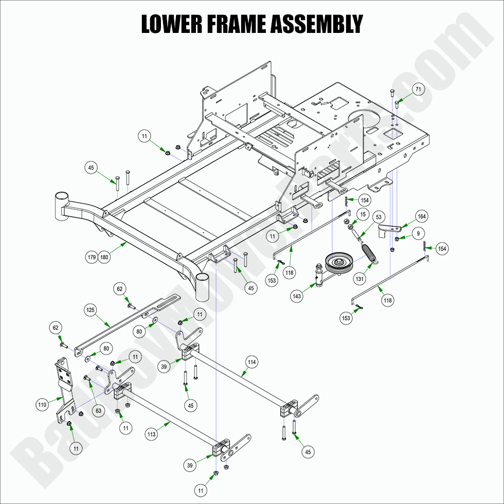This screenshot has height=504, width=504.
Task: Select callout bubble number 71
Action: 418,89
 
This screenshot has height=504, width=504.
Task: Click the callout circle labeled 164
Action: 421,217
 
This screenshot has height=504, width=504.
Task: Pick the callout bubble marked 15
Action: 363,214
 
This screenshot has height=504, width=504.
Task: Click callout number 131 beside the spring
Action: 360,279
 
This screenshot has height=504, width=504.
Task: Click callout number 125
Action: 91,310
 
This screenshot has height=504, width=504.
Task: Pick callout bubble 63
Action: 98,410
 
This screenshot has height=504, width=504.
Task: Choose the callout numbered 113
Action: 151,434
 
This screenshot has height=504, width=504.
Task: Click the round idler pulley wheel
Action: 339,262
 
